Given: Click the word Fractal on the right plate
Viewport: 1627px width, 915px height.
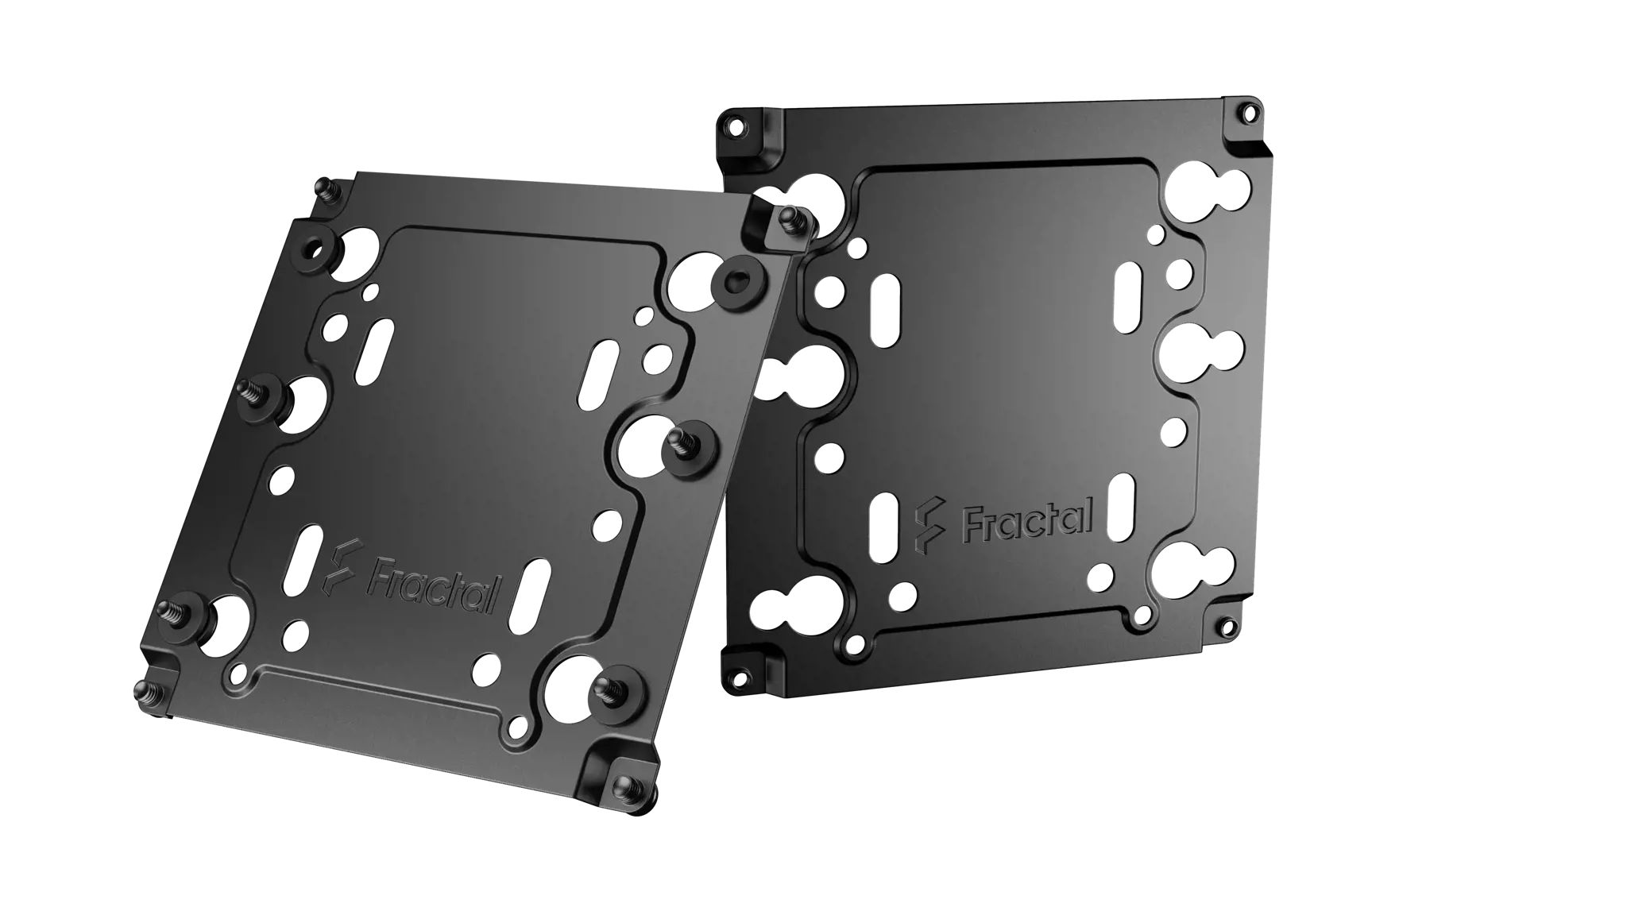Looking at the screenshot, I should coord(1028,517).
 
